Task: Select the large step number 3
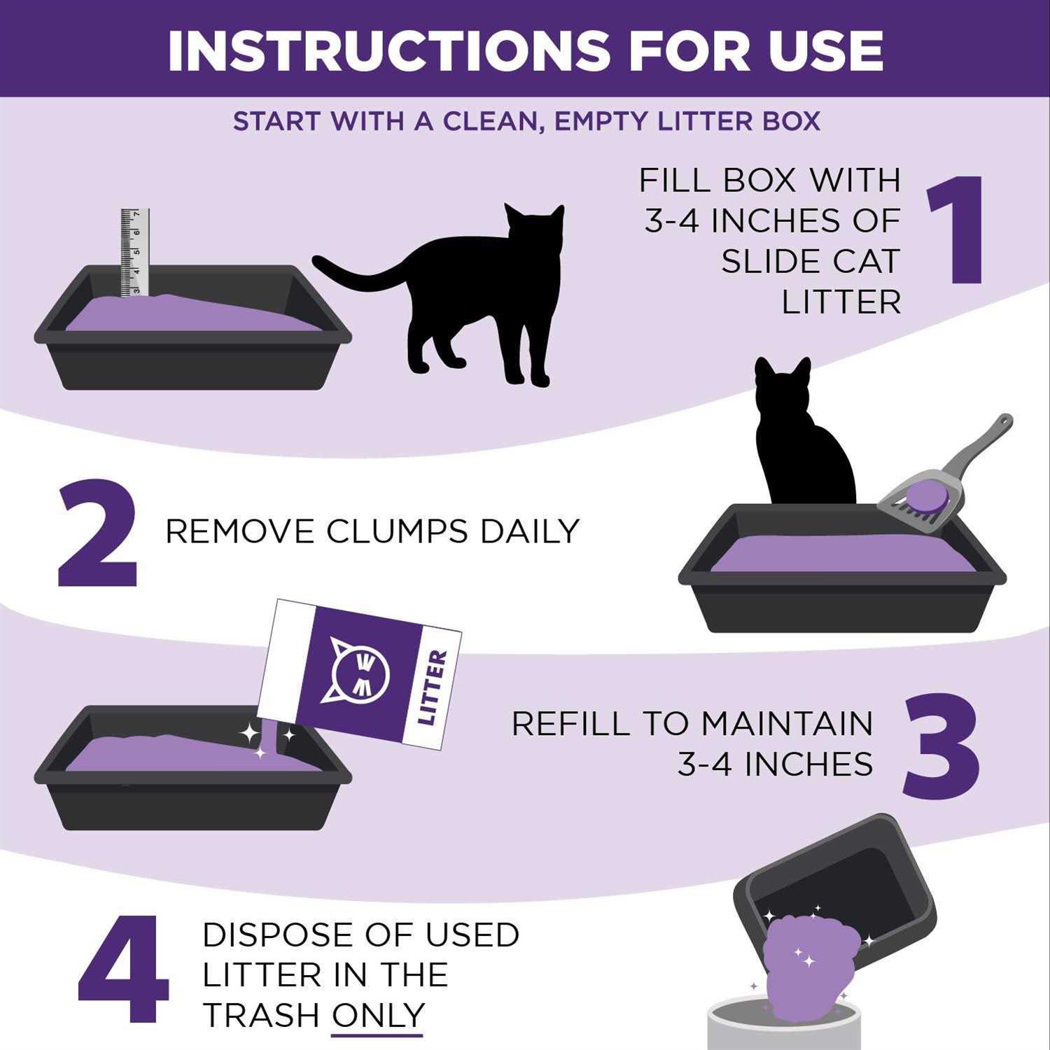tap(940, 746)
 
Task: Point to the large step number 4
tap(123, 969)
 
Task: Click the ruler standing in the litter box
tap(134, 252)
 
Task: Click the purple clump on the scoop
tap(927, 496)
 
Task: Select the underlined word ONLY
tap(378, 1015)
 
